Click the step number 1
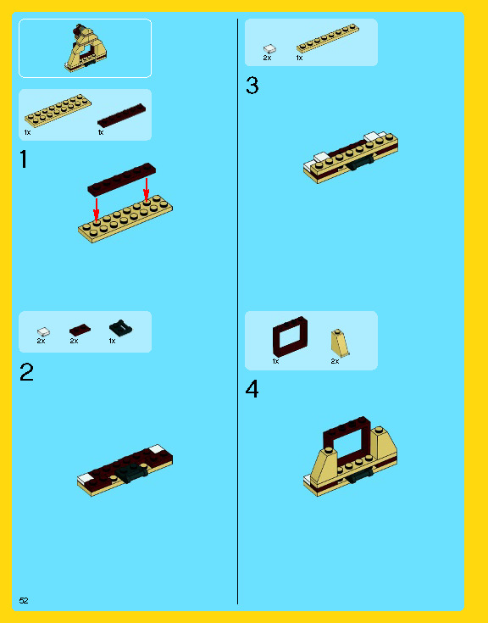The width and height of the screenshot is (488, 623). click(24, 159)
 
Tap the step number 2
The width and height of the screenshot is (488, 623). click(26, 372)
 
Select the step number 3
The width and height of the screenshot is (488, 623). click(252, 86)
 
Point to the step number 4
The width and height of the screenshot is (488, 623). click(252, 389)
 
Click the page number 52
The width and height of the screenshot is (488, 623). click(24, 600)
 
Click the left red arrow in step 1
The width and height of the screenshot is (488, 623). click(96, 209)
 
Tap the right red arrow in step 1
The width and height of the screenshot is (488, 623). click(147, 190)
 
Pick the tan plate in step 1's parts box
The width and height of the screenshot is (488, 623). click(58, 111)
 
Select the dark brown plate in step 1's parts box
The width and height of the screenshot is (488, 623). click(121, 115)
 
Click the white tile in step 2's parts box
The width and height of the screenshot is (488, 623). click(44, 331)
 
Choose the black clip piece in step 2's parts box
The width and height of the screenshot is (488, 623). click(120, 328)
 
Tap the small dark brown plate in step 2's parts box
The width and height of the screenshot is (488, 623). click(80, 331)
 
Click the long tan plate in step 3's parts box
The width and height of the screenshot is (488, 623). click(328, 38)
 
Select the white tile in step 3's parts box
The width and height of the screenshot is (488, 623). click(270, 49)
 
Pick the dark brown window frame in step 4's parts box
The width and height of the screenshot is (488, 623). click(290, 337)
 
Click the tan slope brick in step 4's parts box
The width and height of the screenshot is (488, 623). click(340, 343)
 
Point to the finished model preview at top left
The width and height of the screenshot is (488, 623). click(86, 47)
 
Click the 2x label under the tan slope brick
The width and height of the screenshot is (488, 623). click(335, 361)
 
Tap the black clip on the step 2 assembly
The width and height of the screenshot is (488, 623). click(130, 473)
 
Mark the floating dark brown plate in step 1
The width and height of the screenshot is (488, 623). click(121, 179)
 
